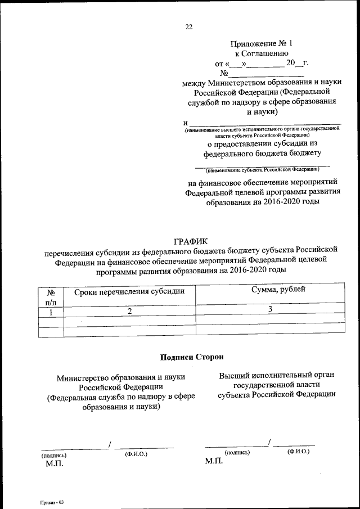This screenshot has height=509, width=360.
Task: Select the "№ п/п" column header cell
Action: (x=51, y=296)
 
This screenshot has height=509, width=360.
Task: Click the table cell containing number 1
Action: (x=51, y=312)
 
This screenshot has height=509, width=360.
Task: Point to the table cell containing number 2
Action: (x=129, y=312)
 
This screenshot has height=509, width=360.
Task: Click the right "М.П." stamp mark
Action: (x=214, y=461)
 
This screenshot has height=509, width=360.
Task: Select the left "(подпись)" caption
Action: (x=53, y=455)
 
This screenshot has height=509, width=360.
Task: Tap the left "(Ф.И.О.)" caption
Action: (x=136, y=453)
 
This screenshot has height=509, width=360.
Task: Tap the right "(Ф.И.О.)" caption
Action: (x=298, y=452)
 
